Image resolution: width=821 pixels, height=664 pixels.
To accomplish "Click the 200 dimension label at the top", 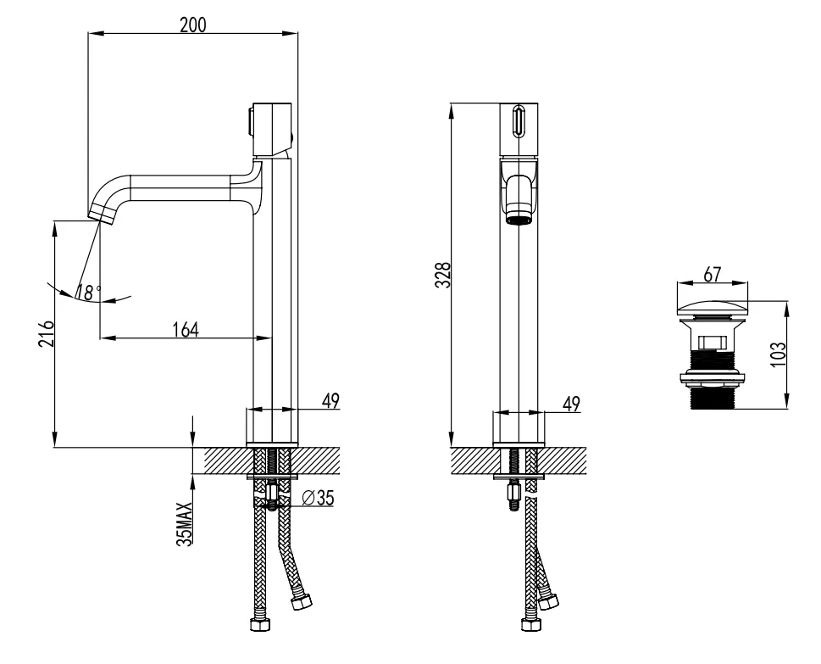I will coord(194,25).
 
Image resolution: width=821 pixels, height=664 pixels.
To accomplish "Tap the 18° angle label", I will coord(87,293).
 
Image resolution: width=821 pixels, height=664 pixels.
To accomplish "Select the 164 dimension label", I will coord(185,329).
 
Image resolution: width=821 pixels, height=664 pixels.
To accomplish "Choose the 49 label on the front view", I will coord(572,404).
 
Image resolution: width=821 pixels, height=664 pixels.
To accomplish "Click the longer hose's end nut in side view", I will coord(259,628).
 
